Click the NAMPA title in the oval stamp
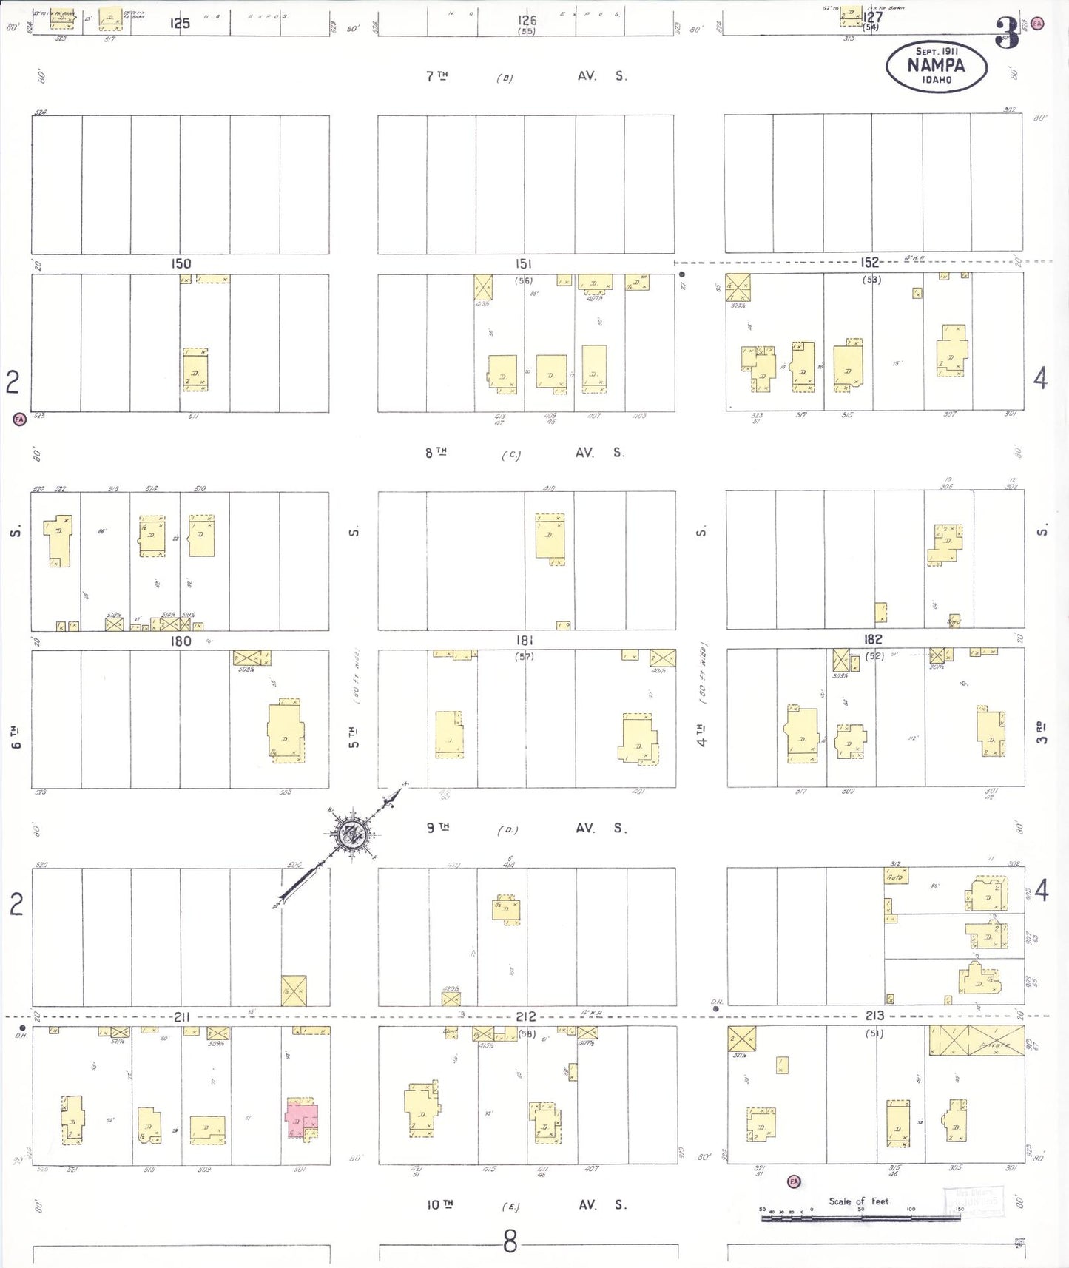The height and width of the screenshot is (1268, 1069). (x=936, y=65)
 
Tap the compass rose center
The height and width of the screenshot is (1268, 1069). (x=351, y=835)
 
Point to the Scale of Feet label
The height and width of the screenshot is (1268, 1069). (x=858, y=1201)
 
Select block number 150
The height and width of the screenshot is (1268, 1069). (x=181, y=264)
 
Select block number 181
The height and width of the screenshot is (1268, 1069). (x=525, y=640)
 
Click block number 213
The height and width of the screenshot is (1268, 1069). (x=874, y=1016)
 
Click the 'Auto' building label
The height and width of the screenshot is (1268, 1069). (x=895, y=877)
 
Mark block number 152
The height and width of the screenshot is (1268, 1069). (x=869, y=263)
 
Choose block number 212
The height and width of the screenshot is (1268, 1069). (x=525, y=1017)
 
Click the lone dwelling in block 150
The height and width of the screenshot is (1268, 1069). (x=195, y=370)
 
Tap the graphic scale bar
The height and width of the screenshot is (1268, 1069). (x=860, y=1217)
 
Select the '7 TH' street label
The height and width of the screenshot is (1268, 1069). (x=436, y=75)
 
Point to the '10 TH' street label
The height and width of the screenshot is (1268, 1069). (x=439, y=1205)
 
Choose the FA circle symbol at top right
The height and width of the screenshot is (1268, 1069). (x=1037, y=24)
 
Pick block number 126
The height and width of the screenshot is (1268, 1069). (x=527, y=21)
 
